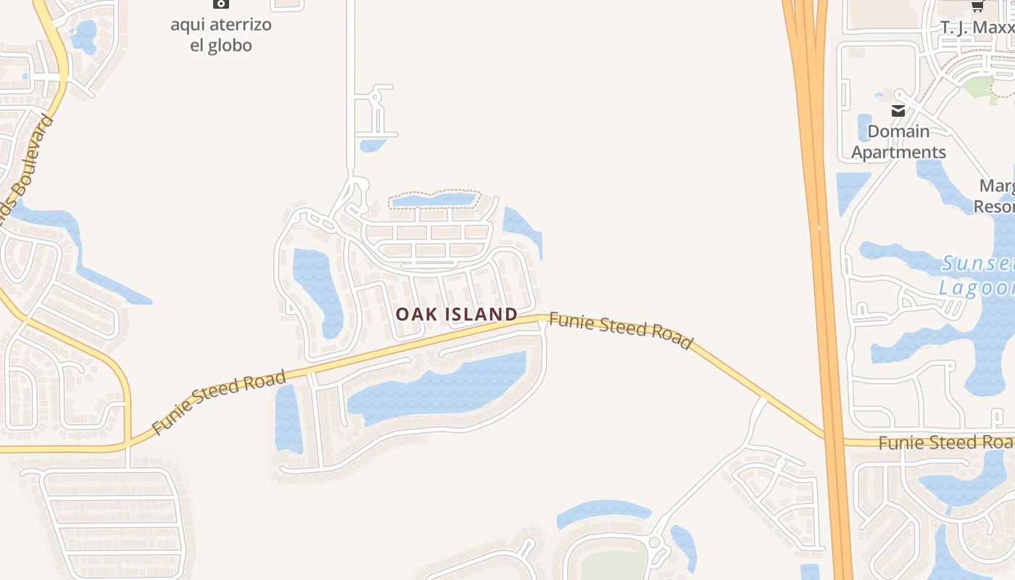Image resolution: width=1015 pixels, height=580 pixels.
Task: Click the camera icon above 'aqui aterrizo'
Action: point(221,4)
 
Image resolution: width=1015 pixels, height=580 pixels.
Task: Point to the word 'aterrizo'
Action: point(238,25)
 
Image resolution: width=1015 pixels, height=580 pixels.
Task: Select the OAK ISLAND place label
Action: point(457,314)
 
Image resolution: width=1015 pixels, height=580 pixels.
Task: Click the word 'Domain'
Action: point(898,131)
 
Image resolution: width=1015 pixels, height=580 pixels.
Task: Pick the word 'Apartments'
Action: point(898,152)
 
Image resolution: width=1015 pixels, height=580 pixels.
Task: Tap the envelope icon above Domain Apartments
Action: point(898,111)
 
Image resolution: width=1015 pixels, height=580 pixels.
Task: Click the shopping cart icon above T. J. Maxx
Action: point(977,6)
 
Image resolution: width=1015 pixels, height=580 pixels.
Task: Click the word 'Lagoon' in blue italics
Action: point(976,288)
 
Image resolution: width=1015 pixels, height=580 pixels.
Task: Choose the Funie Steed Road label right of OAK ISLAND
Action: point(621,329)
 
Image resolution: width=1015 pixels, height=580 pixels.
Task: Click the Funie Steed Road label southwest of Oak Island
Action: point(220,402)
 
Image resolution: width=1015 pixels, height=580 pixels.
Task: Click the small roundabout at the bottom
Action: point(654,542)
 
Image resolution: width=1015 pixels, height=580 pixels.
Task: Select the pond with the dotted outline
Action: point(434,199)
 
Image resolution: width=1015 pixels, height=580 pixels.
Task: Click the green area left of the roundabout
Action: point(613,565)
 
